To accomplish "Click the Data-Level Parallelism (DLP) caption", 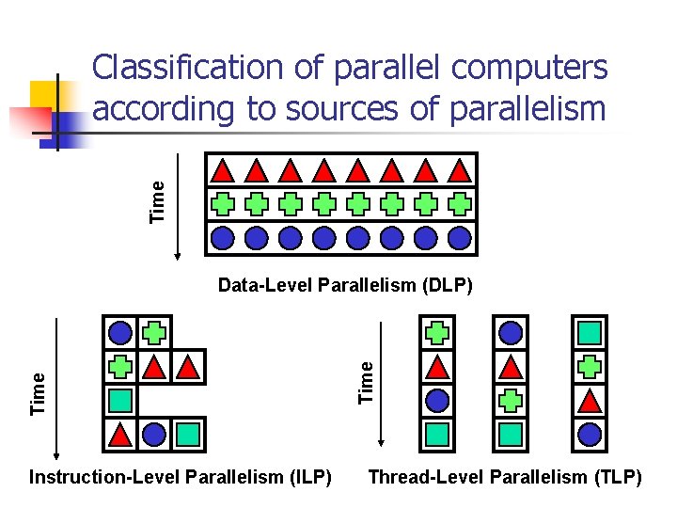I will pos(345,284).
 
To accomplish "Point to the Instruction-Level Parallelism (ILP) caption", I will pos(181,478).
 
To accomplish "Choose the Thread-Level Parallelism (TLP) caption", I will pos(505,478).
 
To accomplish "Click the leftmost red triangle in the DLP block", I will pos(223,170).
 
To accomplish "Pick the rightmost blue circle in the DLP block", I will pos(459,237).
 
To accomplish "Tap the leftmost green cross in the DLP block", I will pos(223,203).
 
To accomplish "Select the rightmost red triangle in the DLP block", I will pos(459,170).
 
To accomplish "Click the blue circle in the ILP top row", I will pos(120,332).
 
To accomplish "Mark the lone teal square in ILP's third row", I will pos(120,400).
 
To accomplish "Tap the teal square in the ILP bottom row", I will pos(188,434).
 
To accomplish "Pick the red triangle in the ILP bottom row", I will pos(120,434).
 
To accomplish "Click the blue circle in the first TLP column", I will pos(437,400).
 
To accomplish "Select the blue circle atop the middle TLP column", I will pos(511,332).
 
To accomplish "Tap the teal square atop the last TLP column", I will pos(589,332).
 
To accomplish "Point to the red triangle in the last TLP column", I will pos(589,400).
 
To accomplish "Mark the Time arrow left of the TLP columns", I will pos(380,384).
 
